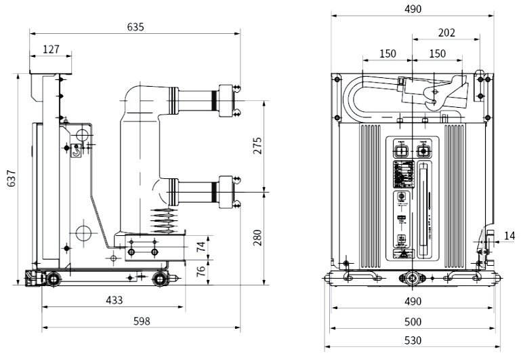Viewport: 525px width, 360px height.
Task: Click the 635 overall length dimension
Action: pyautogui.click(x=135, y=27)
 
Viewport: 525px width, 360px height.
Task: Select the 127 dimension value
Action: pyautogui.click(x=51, y=49)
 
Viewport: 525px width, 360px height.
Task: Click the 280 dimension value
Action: pyautogui.click(x=257, y=237)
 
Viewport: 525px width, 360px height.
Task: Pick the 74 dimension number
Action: pyautogui.click(x=201, y=245)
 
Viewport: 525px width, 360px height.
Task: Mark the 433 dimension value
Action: pyautogui.click(x=113, y=300)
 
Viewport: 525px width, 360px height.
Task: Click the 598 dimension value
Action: pyautogui.click(x=141, y=321)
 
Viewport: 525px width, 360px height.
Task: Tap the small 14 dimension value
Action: pyautogui.click(x=509, y=236)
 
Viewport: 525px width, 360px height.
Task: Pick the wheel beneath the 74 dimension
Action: pyautogui.click(x=161, y=277)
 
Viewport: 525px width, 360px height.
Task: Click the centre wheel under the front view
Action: pyautogui.click(x=411, y=278)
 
